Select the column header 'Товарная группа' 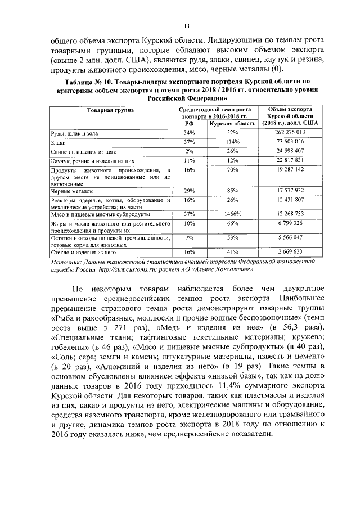click(x=110, y=110)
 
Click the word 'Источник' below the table click(x=64, y=262)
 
